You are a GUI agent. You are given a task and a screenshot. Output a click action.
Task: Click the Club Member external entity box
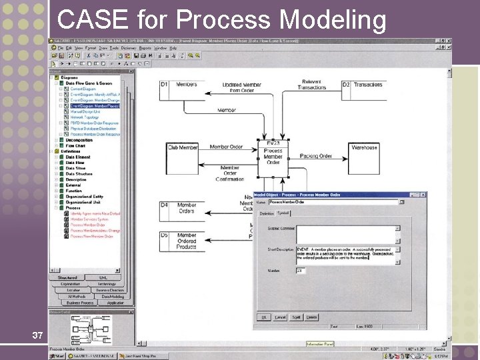pyautogui.click(x=182, y=147)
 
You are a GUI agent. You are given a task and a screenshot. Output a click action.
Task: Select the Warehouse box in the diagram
pyautogui.click(x=364, y=147)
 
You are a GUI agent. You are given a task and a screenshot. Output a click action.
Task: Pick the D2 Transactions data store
pyautogui.click(x=363, y=85)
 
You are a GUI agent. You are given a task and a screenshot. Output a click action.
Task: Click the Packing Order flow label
pyautogui.click(x=315, y=156)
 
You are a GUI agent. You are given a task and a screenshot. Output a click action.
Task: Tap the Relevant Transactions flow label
pyautogui.click(x=312, y=85)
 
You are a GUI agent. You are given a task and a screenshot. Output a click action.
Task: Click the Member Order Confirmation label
pyautogui.click(x=229, y=173)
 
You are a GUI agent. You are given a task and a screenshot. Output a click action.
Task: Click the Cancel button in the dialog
pyautogui.click(x=280, y=317)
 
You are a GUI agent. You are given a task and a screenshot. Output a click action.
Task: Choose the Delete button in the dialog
pyautogui.click(x=311, y=317)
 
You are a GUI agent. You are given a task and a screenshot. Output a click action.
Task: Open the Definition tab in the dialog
pyautogui.click(x=267, y=213)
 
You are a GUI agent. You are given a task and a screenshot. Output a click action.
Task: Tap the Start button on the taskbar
pyautogui.click(x=57, y=356)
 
